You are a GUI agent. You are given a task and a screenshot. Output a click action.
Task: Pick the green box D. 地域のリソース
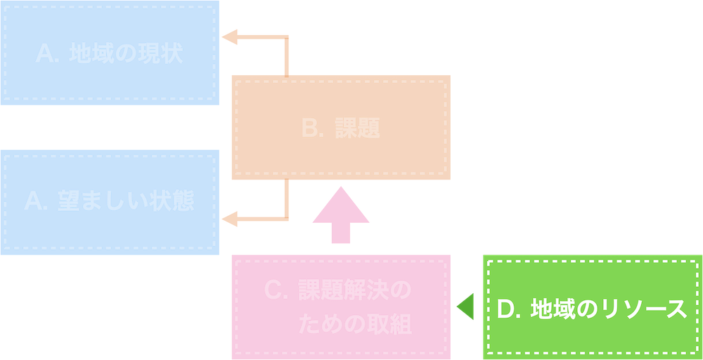click(592, 307)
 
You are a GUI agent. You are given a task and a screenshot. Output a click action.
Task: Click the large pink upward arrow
click(340, 214)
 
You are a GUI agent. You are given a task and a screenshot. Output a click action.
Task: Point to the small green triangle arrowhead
click(465, 307)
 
